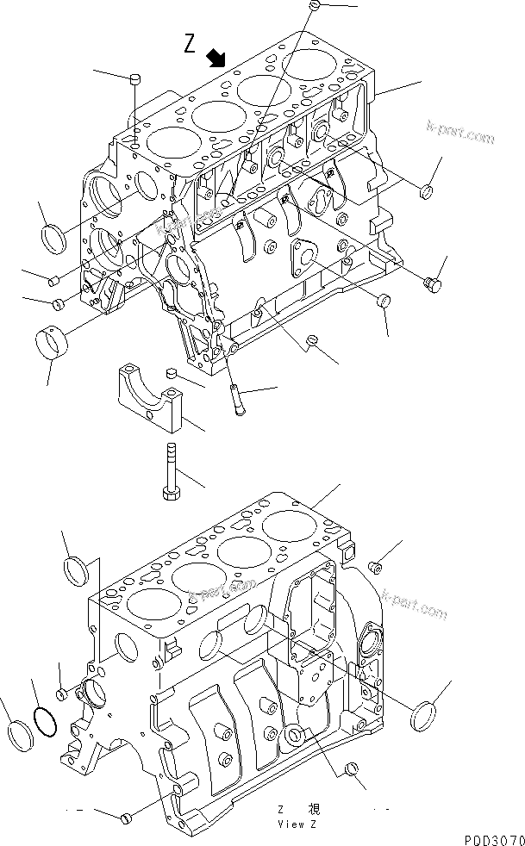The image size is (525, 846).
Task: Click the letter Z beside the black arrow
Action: (191, 43)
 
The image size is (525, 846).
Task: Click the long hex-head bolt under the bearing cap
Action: (169, 470)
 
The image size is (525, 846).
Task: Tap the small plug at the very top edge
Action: (315, 6)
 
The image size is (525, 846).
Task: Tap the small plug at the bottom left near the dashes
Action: (126, 816)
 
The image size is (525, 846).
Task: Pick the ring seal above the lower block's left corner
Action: (77, 569)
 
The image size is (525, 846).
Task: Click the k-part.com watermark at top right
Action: (461, 132)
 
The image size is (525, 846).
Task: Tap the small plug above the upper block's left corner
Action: (134, 80)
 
